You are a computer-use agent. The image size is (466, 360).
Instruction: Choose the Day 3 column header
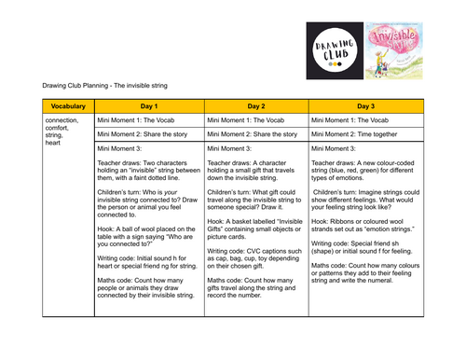point(364,106)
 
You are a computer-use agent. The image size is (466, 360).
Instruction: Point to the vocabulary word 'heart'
point(54,143)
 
